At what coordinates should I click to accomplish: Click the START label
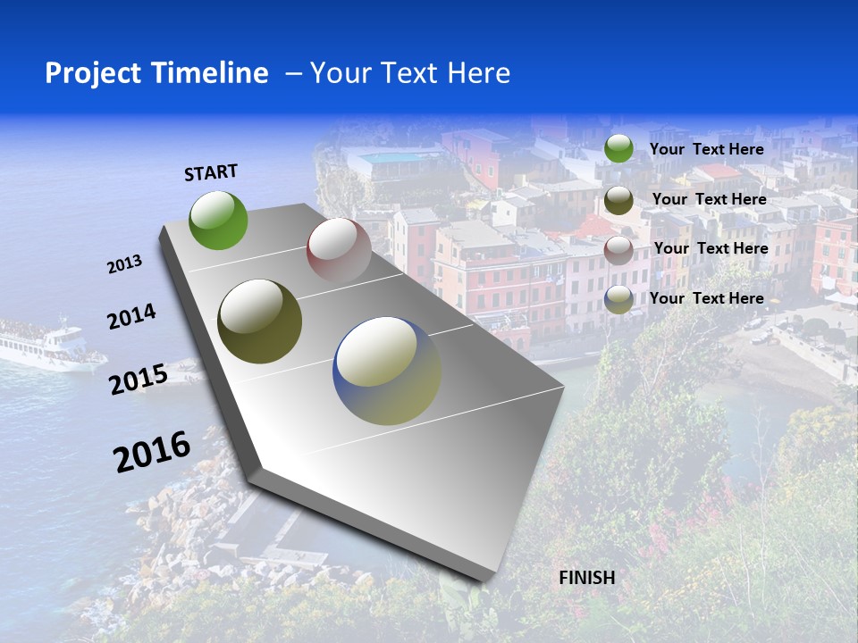(x=211, y=172)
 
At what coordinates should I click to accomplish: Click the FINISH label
(x=587, y=578)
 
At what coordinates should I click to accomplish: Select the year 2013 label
(x=124, y=264)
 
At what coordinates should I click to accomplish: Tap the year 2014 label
(x=131, y=317)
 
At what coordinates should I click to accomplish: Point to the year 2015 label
(x=139, y=380)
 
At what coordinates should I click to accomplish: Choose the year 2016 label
(x=152, y=451)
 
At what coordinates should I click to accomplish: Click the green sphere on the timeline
(x=218, y=220)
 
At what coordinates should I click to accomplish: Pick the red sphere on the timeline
(x=339, y=251)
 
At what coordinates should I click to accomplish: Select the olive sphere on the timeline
(x=260, y=321)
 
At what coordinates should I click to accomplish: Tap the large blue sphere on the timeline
(x=387, y=371)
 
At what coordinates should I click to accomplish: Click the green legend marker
(x=618, y=148)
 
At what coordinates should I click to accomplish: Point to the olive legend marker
(x=618, y=200)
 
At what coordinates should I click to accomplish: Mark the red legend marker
(x=618, y=250)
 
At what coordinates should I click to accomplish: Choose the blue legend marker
(x=618, y=299)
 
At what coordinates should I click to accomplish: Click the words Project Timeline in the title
(x=156, y=73)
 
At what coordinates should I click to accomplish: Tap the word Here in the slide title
(x=478, y=73)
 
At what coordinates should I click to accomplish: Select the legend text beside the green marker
(x=706, y=149)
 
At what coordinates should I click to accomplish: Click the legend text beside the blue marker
(x=706, y=298)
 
